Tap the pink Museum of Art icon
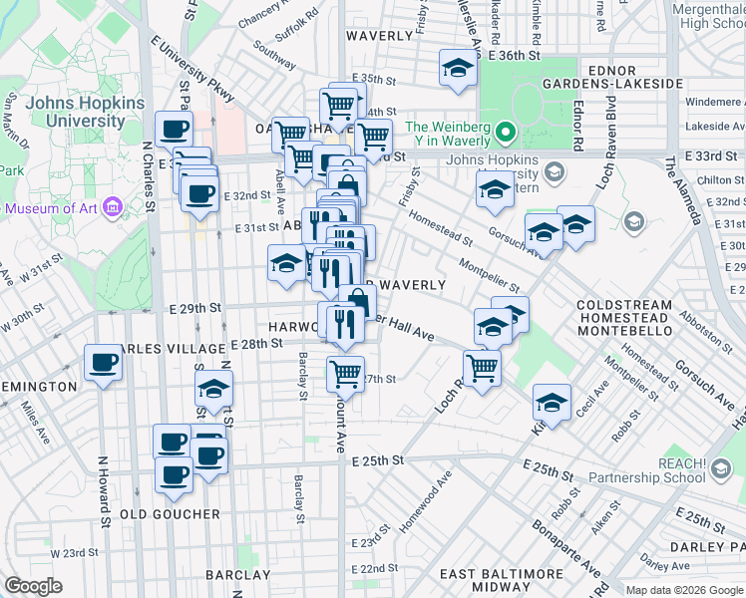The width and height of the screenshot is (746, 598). [113, 208]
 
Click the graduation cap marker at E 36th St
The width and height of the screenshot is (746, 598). [457, 69]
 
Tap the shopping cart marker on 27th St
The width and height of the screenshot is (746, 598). [345, 375]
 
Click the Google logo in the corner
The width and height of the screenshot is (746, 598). [33, 586]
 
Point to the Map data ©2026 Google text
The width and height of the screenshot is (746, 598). [683, 589]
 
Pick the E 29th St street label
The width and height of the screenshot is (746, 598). [194, 309]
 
